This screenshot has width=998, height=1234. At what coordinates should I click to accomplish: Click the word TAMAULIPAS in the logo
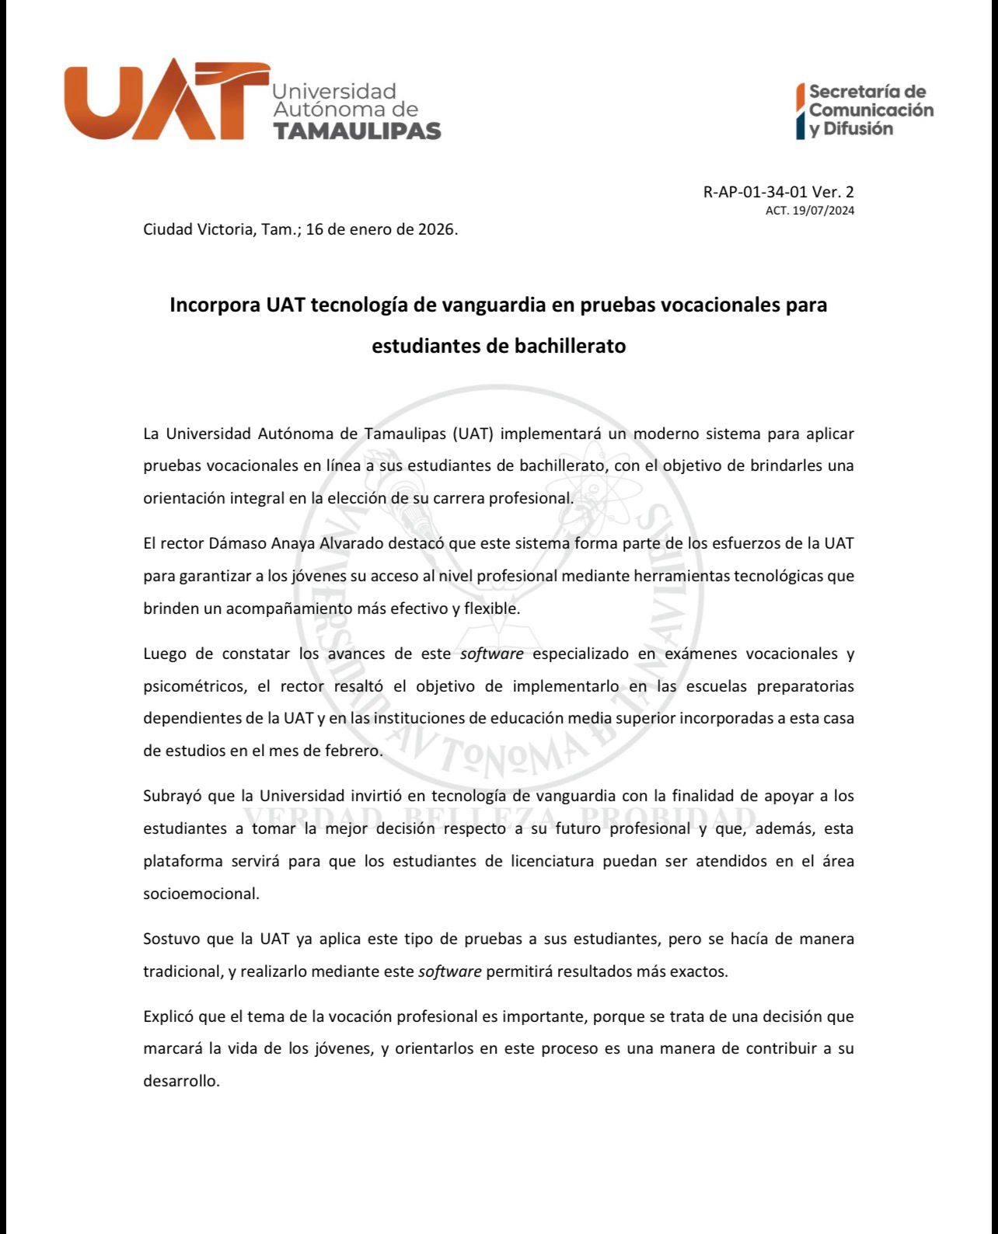[357, 131]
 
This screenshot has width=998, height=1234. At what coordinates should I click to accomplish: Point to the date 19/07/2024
[823, 211]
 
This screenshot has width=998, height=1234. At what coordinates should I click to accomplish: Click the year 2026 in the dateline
[434, 230]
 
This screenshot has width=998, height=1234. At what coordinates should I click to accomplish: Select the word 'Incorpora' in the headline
[215, 305]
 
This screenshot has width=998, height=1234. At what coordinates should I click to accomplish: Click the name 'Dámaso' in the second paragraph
[237, 543]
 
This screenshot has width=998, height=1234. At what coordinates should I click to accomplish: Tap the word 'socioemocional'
[201, 894]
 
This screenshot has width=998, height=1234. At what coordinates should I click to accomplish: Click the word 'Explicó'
[169, 1016]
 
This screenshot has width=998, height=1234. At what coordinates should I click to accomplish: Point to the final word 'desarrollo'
[180, 1081]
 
